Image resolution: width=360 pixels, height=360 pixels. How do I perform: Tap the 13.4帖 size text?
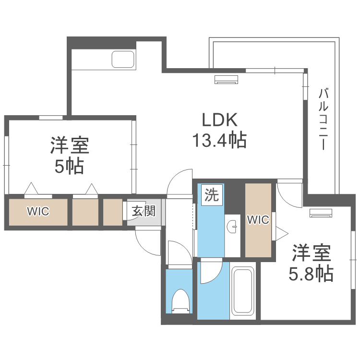tap(219, 141)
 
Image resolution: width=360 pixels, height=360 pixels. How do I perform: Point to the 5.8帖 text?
tap(311, 274)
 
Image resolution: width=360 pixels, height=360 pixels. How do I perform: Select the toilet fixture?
tap(180, 301)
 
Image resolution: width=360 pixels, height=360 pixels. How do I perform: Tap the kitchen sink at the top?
tap(124, 60)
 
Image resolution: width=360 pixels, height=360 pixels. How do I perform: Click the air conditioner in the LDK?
tap(226, 80)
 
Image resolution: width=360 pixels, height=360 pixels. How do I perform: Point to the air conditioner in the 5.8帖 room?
tap(321, 214)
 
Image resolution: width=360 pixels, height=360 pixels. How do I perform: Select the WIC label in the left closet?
tap(37, 211)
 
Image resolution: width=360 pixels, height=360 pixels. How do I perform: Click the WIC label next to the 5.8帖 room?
tap(258, 219)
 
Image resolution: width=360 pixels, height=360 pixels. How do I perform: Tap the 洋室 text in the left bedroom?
tap(69, 145)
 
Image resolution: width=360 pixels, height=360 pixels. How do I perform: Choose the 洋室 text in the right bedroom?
tap(311, 253)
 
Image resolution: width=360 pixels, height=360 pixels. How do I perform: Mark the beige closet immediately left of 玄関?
tap(113, 211)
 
